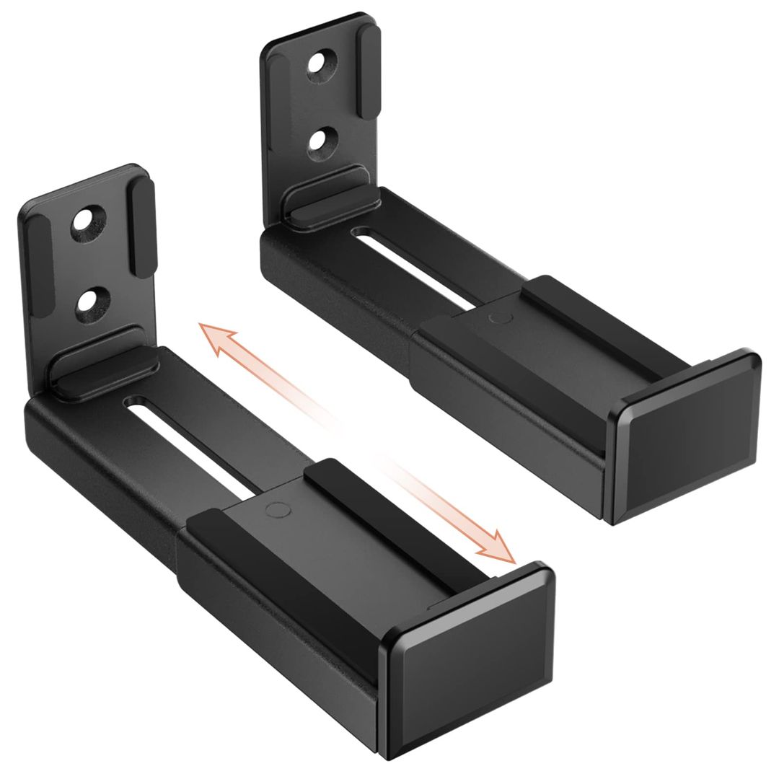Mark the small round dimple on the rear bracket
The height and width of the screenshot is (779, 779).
(x=497, y=318)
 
